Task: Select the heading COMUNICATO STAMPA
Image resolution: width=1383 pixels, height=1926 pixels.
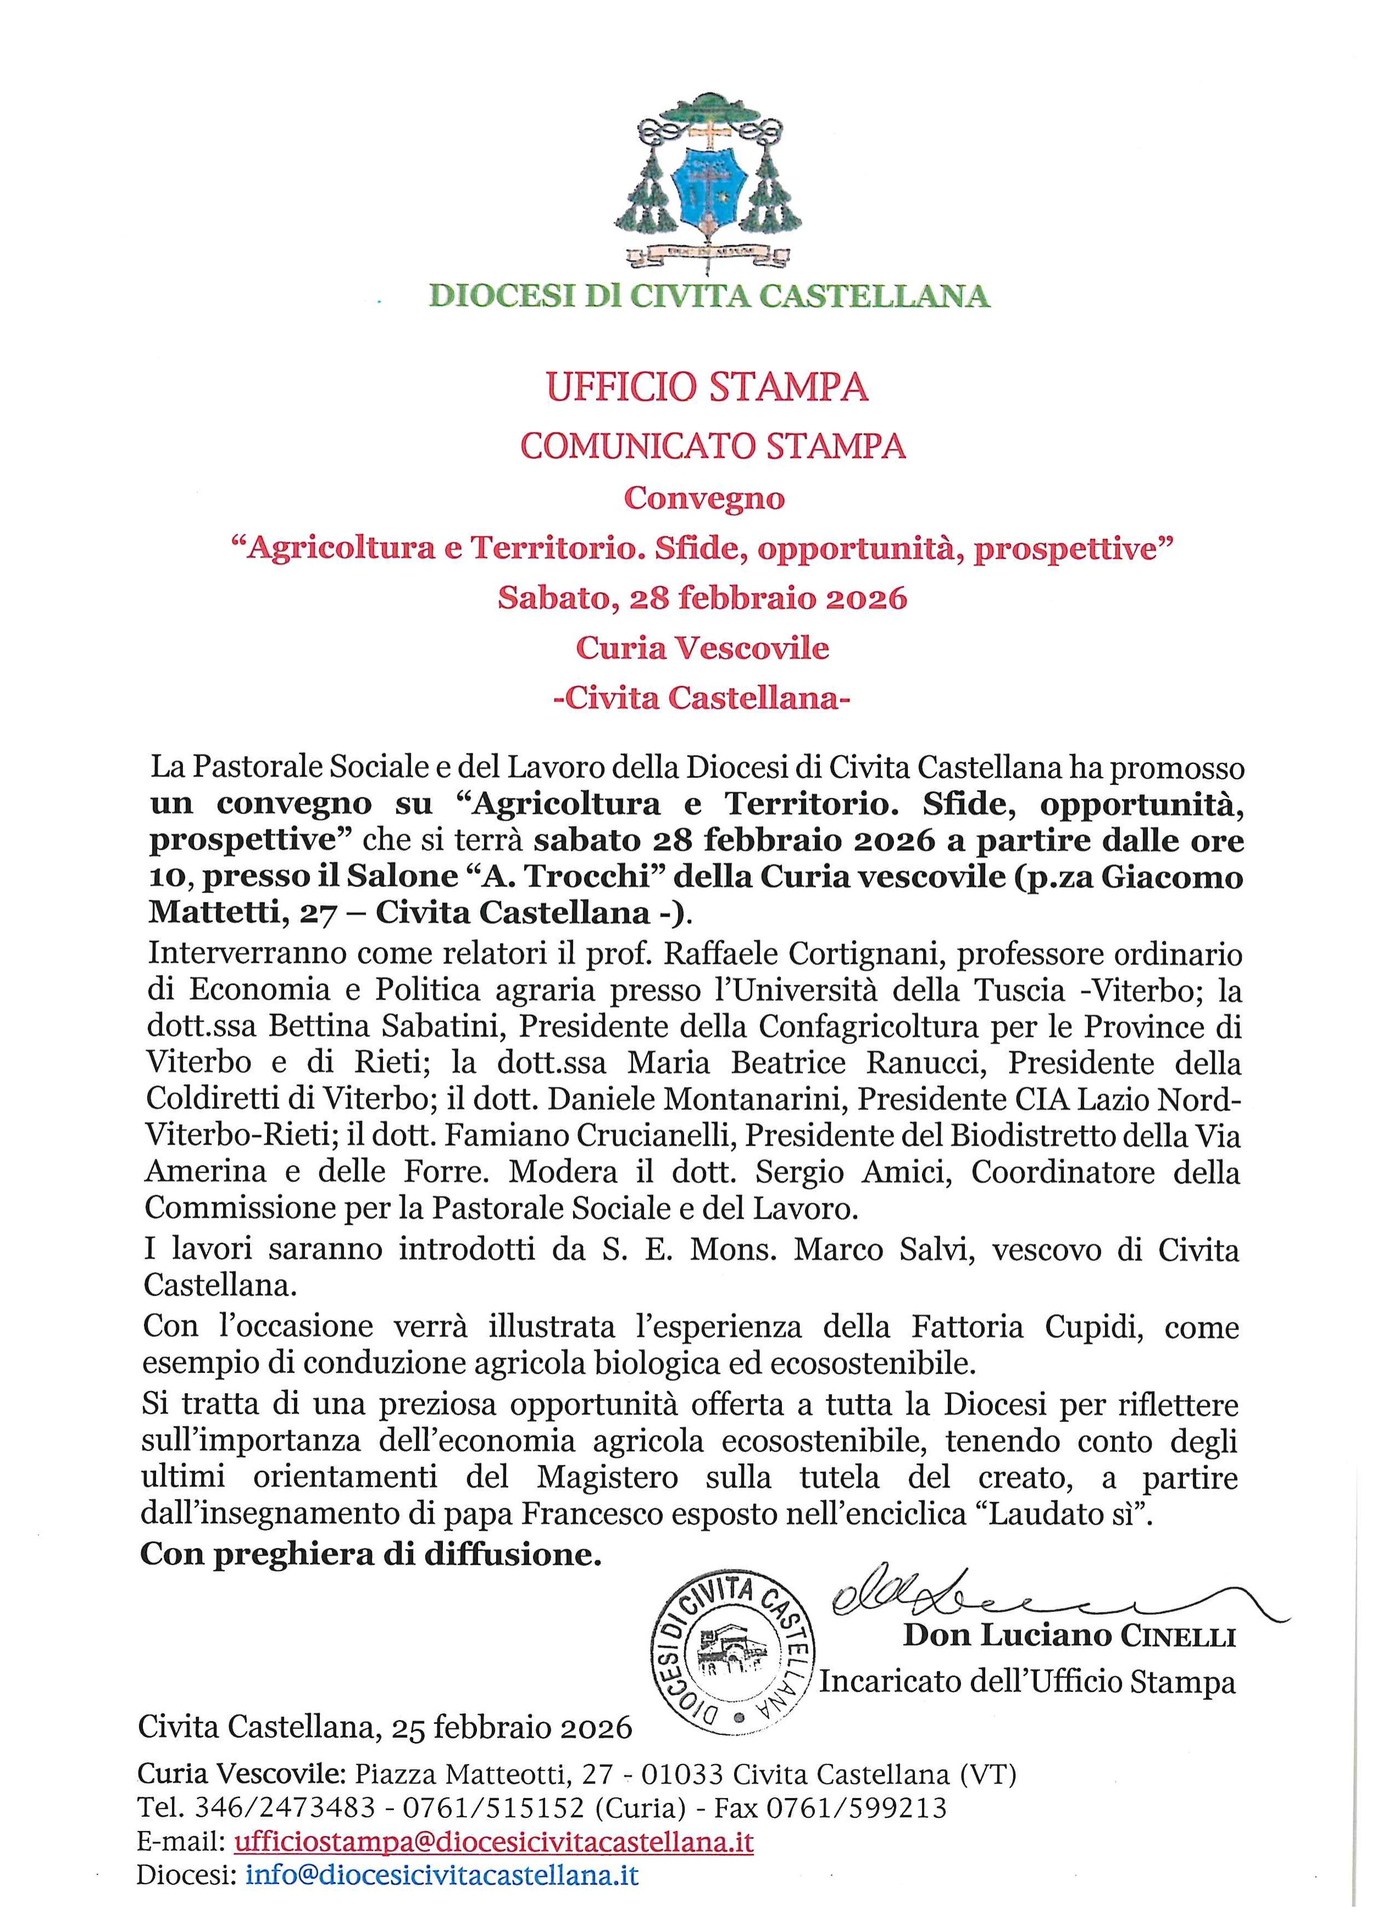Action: click(713, 446)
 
